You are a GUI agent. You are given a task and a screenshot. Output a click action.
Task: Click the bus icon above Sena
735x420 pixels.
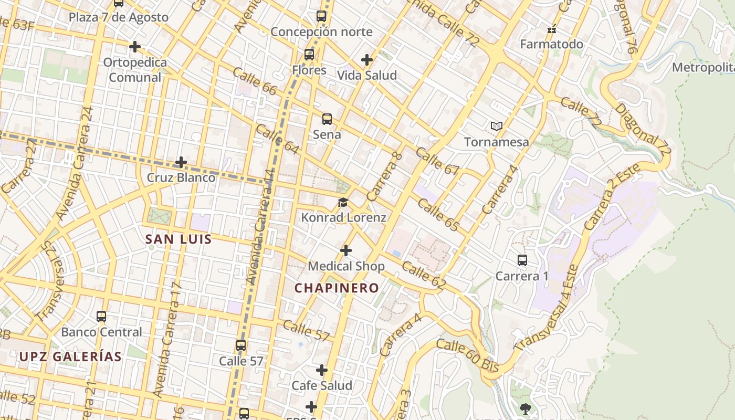[327, 119]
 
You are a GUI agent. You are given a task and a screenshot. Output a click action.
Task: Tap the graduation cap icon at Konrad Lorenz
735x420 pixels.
[343, 203]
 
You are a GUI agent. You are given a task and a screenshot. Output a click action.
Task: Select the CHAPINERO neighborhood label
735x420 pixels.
[337, 288]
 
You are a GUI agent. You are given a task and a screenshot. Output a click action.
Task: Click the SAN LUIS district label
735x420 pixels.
[178, 240]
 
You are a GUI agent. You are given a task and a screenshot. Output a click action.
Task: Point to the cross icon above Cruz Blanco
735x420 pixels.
[181, 162]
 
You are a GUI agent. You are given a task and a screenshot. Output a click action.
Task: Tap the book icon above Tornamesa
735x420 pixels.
[497, 126]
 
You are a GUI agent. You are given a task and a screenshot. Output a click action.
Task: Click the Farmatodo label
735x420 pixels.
[551, 44]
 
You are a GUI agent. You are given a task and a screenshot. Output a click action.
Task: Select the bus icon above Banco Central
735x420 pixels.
[101, 317]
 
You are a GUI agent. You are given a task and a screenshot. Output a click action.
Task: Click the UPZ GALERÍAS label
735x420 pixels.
[71, 356]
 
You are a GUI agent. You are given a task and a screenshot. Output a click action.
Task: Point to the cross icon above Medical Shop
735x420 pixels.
[346, 250]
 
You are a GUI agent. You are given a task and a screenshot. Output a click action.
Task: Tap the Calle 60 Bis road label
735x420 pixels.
[467, 355]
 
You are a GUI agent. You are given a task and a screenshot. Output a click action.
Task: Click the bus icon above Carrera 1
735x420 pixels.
[522, 260]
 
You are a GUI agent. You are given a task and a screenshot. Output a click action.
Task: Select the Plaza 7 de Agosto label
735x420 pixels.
[119, 17]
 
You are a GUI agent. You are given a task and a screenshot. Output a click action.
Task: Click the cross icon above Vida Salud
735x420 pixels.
[367, 60]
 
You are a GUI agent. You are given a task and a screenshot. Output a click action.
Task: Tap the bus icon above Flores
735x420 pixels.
[309, 54]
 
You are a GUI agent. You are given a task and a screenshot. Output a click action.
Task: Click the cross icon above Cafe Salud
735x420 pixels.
[322, 370]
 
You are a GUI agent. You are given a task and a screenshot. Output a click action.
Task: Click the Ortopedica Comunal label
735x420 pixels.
[135, 70]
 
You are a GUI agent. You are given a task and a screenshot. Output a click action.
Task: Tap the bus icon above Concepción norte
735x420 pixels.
[321, 16]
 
